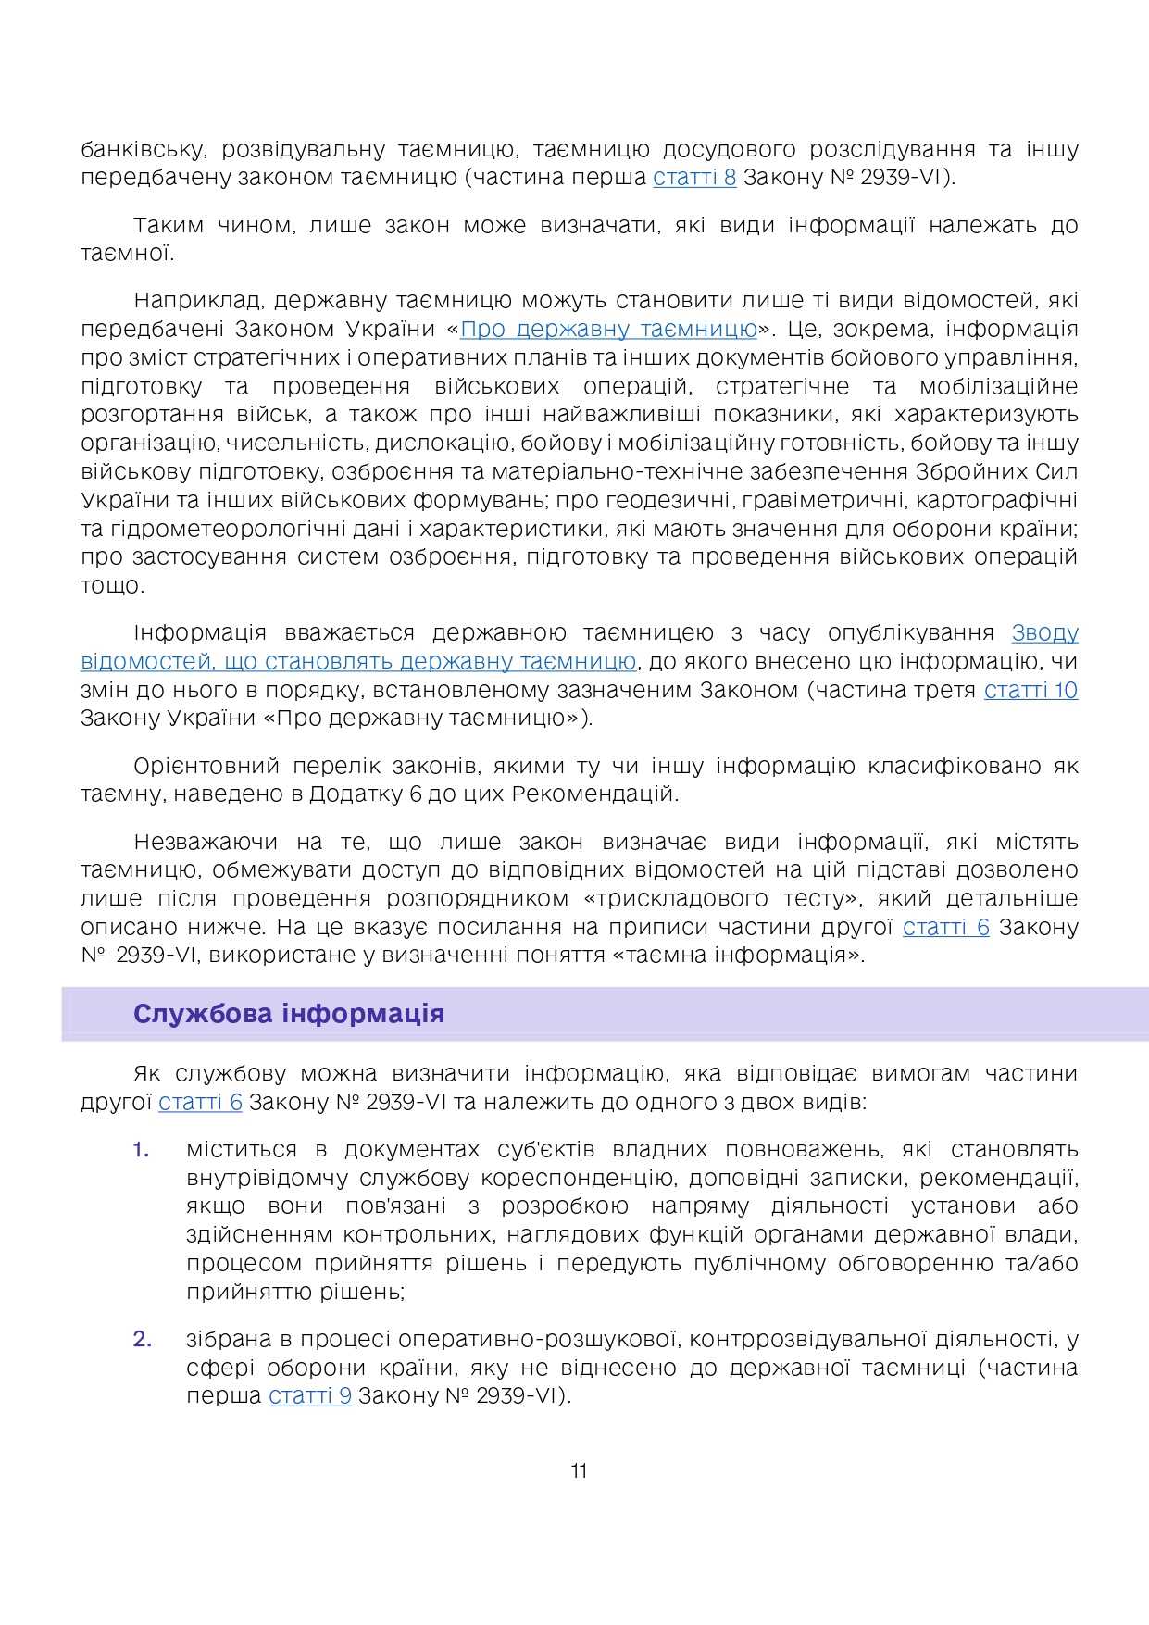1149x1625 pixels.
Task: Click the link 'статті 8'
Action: [x=694, y=177]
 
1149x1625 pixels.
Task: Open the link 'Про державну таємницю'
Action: [x=608, y=329]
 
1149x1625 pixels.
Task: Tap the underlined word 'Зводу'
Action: [x=1044, y=632]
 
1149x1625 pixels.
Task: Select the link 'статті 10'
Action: [x=1030, y=690]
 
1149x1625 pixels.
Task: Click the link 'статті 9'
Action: [x=310, y=1395]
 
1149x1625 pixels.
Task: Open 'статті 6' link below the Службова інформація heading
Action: [x=200, y=1102]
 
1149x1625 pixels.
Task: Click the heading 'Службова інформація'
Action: [x=289, y=1014]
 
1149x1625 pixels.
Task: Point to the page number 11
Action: [x=579, y=1471]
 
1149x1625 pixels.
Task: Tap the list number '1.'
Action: [x=141, y=1150]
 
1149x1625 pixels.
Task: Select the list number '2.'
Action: [x=142, y=1339]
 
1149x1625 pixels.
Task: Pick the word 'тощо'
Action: [x=112, y=586]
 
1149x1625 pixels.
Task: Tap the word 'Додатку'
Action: [x=353, y=794]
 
